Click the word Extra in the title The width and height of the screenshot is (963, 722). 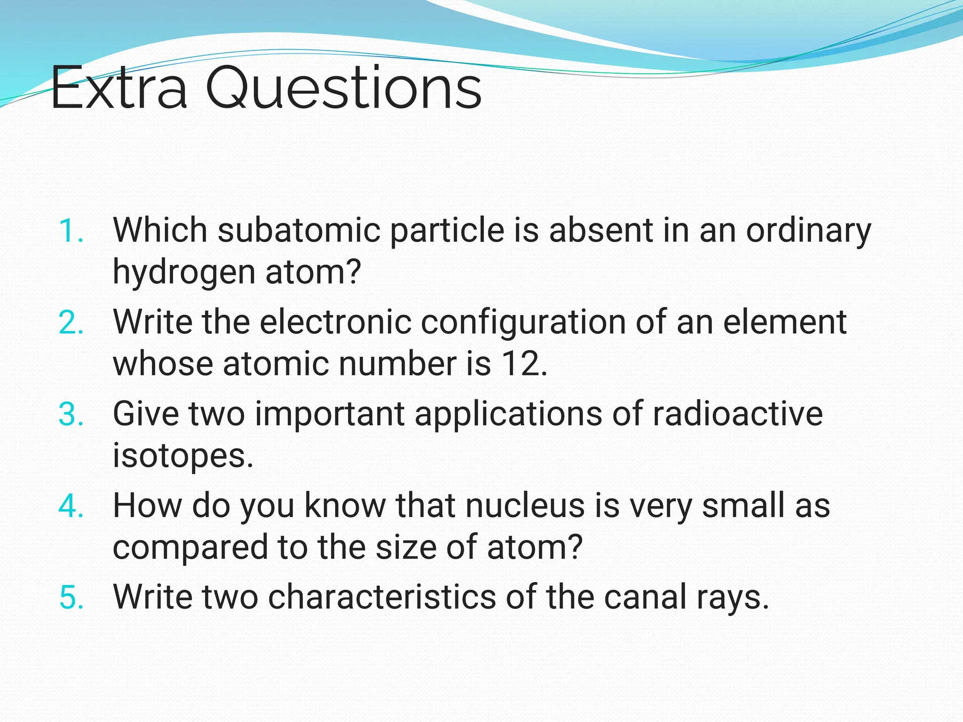point(118,88)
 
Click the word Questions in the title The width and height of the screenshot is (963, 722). point(343,88)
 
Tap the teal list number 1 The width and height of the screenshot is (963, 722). point(71,231)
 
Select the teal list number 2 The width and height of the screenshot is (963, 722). point(71,323)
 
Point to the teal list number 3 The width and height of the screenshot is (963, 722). point(71,415)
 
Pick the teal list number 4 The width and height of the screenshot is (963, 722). point(71,507)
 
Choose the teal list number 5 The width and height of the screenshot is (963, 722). point(71,598)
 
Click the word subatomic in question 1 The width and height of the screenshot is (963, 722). point(299,230)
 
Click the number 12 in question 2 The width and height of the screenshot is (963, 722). point(520,364)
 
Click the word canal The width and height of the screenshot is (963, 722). point(645,597)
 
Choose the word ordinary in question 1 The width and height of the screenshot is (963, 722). point(809,231)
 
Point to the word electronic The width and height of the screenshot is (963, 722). point(335,322)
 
